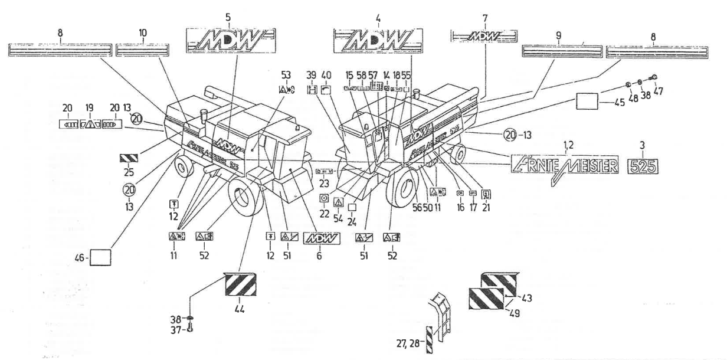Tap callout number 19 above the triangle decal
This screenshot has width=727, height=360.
[90, 108]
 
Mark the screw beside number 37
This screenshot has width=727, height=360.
[188, 330]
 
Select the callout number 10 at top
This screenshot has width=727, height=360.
[142, 35]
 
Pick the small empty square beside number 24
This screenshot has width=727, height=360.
[352, 207]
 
